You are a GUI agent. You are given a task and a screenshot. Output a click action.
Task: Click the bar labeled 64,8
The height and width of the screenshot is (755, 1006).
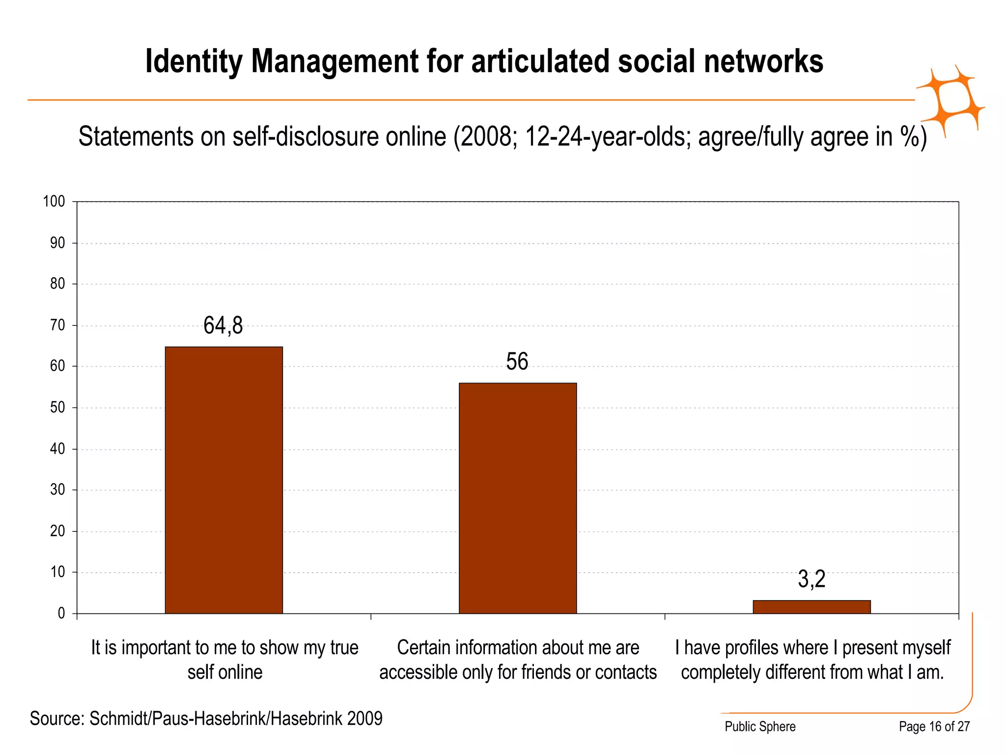[224, 480]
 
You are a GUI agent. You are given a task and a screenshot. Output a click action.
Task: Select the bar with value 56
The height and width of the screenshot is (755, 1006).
[518, 498]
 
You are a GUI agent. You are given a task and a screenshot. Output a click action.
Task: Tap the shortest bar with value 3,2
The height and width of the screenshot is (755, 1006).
[811, 607]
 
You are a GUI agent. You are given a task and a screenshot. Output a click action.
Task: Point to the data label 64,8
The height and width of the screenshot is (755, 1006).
[223, 325]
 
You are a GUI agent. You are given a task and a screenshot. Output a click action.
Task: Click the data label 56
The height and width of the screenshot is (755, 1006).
[517, 362]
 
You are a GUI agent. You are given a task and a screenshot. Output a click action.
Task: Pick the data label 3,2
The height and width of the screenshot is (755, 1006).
[811, 579]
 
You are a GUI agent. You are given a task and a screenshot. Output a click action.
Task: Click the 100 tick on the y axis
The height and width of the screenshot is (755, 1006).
[54, 202]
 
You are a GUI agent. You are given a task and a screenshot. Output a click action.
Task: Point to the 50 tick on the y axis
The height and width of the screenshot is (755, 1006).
[57, 407]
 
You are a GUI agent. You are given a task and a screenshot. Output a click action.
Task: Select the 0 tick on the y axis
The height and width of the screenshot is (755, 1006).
[61, 613]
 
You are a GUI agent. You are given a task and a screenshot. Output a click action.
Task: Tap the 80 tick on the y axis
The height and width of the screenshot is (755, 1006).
[57, 284]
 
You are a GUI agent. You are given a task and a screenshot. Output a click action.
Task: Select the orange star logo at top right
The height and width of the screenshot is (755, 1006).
[951, 101]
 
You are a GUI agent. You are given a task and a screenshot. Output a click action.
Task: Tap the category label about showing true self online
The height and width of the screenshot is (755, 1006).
[224, 660]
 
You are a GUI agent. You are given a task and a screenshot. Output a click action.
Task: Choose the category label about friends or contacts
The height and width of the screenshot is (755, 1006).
[518, 660]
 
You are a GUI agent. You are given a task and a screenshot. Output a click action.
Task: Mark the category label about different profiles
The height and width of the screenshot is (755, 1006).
[812, 660]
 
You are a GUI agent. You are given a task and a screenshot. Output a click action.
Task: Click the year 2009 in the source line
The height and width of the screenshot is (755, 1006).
[364, 719]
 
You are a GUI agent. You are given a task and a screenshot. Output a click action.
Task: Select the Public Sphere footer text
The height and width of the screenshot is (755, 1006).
[760, 726]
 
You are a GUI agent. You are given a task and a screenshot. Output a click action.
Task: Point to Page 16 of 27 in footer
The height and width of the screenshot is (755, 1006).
[934, 726]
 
